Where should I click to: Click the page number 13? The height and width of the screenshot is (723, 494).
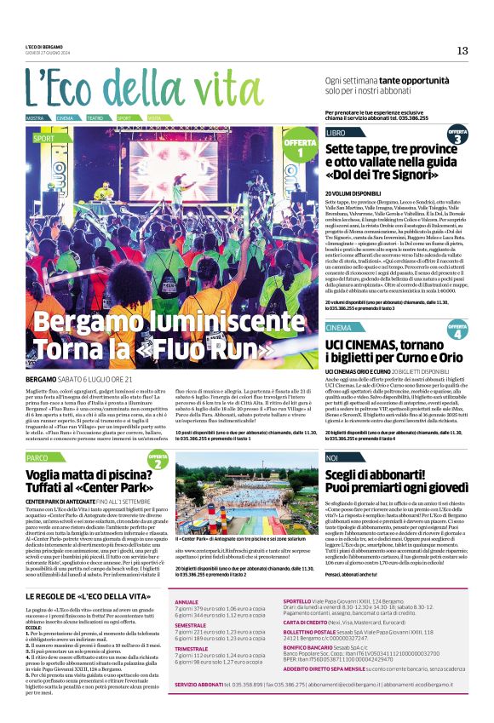pos(462,50)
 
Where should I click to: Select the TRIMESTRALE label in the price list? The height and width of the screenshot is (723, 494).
pos(191,648)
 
